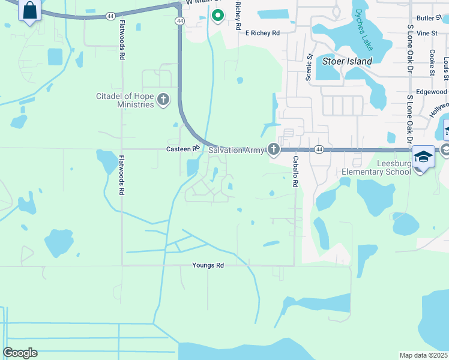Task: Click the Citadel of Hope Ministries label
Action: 125,100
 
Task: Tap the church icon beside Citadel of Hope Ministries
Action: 163,100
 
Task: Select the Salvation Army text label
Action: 236,150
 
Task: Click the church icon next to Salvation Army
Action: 274,149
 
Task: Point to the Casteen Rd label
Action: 182,149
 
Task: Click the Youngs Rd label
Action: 208,265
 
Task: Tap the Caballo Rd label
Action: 295,172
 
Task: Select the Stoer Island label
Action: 348,61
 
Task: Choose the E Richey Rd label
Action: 262,33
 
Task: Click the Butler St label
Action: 428,19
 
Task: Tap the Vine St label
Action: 427,33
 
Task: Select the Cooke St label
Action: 432,62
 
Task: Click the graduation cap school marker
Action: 423,157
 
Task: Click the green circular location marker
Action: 218,16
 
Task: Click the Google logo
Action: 20,353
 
